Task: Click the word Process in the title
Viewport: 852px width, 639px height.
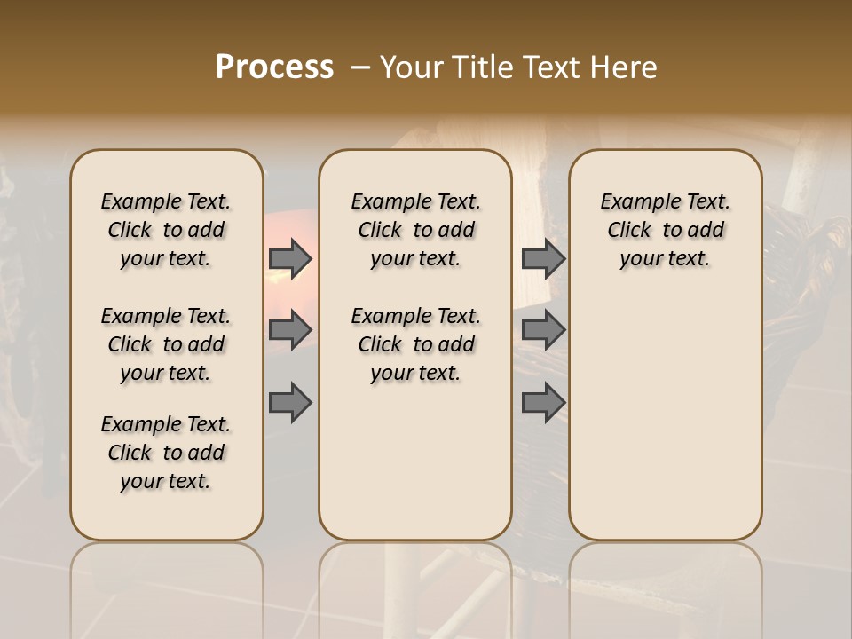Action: (x=274, y=67)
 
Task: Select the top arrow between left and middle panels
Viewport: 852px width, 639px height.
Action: (x=289, y=258)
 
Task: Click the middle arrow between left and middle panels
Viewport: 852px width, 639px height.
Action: (x=289, y=330)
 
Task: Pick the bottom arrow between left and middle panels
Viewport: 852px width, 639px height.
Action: (x=289, y=402)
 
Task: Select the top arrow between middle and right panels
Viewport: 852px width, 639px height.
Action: (x=543, y=258)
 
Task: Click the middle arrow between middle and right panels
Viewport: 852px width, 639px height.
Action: (x=543, y=330)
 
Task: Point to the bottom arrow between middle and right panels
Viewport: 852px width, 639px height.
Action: (x=543, y=402)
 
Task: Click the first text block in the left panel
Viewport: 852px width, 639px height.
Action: (x=166, y=230)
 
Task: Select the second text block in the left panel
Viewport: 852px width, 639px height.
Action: (x=166, y=344)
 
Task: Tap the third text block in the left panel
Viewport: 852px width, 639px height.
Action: (x=166, y=453)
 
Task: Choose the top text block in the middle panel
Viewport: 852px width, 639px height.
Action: (x=415, y=230)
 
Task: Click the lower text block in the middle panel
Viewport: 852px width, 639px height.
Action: (x=415, y=344)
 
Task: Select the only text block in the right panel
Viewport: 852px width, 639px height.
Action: (x=665, y=230)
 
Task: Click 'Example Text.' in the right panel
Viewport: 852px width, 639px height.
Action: (x=665, y=201)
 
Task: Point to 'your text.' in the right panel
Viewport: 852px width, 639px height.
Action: (x=665, y=258)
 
